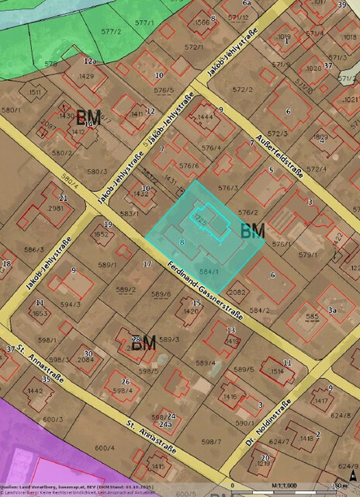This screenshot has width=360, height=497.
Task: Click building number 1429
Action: coord(86,76)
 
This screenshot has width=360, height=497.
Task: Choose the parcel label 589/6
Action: coord(161,294)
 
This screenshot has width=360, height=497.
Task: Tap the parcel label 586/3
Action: coord(33,249)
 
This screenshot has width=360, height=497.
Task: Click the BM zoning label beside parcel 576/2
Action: coord(253,230)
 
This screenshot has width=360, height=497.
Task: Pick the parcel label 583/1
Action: coord(129,214)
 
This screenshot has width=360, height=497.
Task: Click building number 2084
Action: coord(86,360)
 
